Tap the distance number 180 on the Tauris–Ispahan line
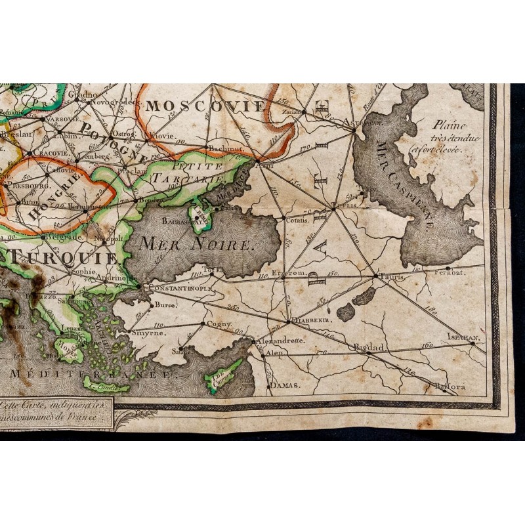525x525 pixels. [x=430, y=308]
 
